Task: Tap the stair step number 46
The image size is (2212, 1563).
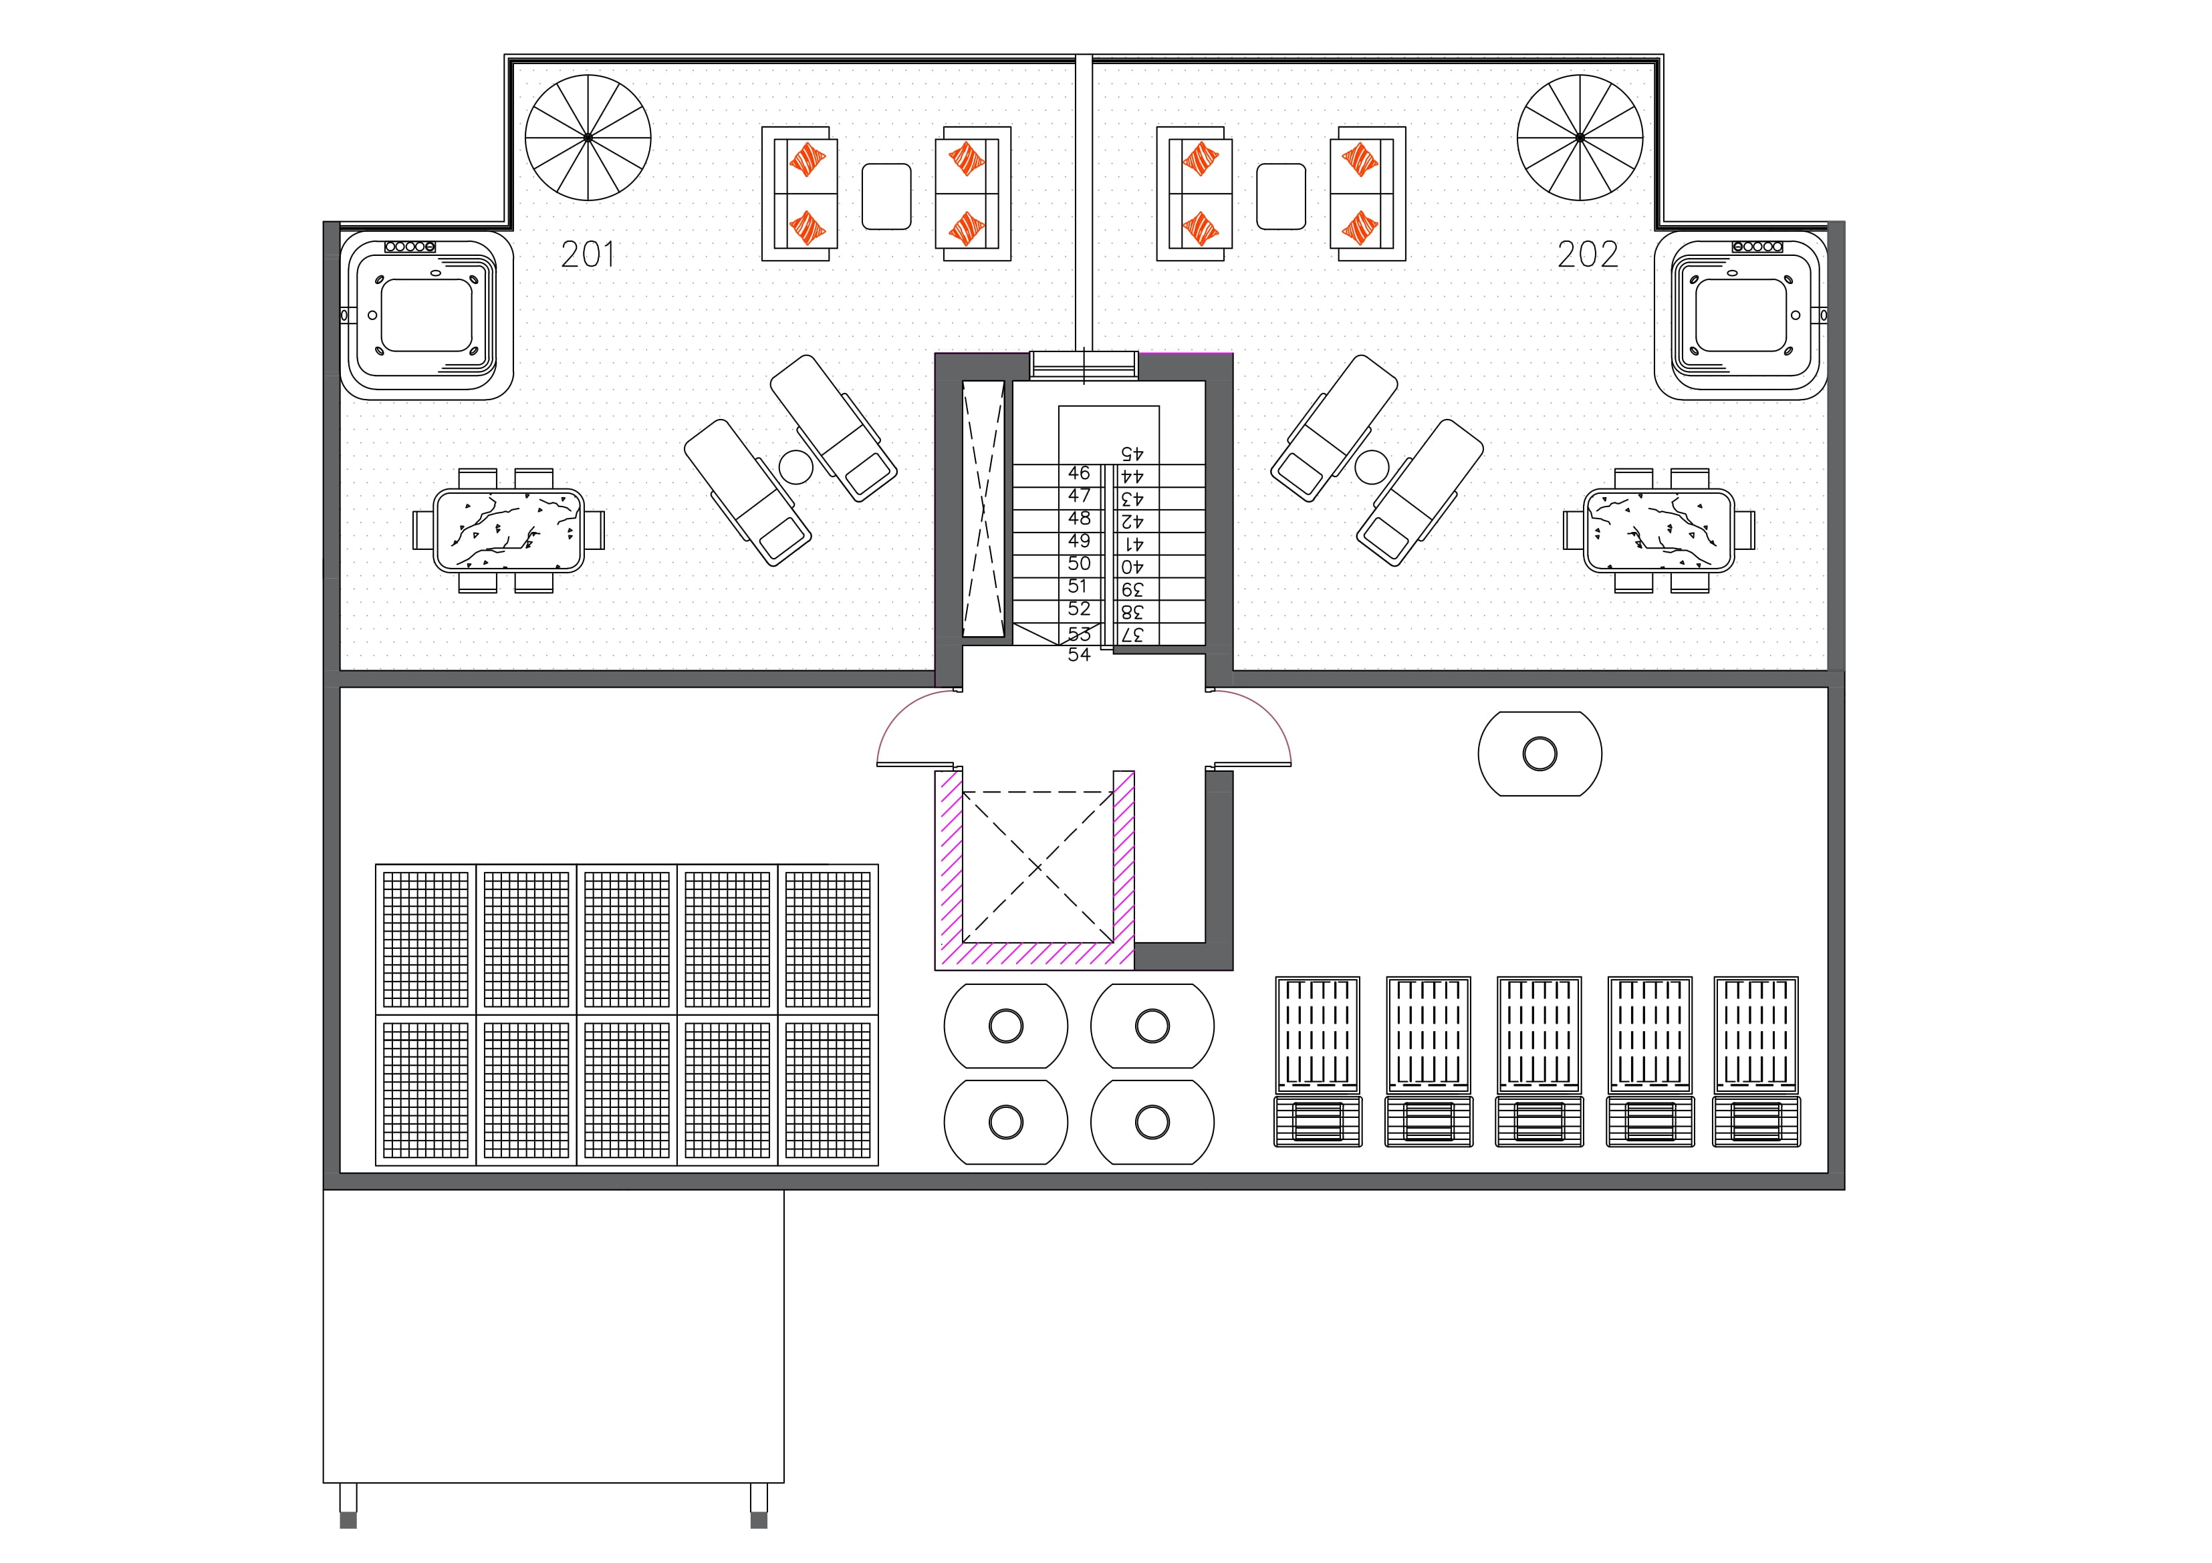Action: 1079,473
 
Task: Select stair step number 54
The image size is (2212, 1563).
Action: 1079,655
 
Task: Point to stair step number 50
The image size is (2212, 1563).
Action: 1079,563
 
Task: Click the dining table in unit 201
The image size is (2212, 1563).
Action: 508,531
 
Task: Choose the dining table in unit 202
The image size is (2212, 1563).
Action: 1659,531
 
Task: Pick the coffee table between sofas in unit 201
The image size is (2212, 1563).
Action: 886,196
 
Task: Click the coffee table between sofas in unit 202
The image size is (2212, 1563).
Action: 1281,196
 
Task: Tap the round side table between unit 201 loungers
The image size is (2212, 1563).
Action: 795,467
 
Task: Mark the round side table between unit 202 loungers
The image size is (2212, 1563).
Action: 1372,467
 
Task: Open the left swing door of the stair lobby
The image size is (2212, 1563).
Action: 915,732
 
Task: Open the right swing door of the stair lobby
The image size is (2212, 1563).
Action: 1253,732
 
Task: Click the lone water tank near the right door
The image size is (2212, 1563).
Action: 1540,753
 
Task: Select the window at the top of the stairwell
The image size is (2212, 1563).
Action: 1084,365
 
